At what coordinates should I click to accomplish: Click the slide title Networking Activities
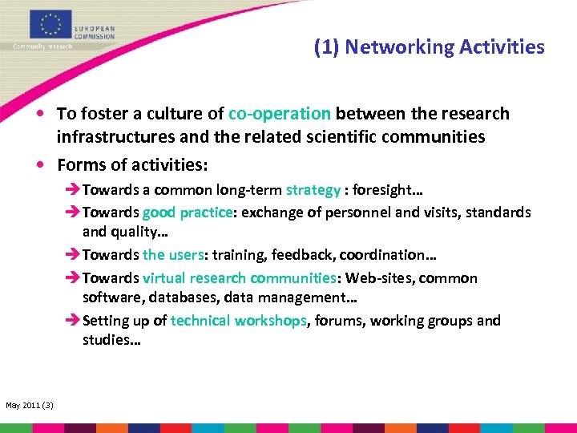[429, 47]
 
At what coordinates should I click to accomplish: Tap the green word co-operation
[280, 114]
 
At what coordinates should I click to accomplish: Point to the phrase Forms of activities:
[132, 165]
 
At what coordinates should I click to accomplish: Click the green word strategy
[313, 191]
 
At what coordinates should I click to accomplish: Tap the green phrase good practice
[188, 213]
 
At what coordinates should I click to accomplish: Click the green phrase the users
[165, 256]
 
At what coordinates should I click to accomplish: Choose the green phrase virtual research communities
[237, 278]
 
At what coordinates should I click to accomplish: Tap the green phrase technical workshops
[239, 321]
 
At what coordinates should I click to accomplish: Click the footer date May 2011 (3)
[30, 405]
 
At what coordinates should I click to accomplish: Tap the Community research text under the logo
[42, 47]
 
